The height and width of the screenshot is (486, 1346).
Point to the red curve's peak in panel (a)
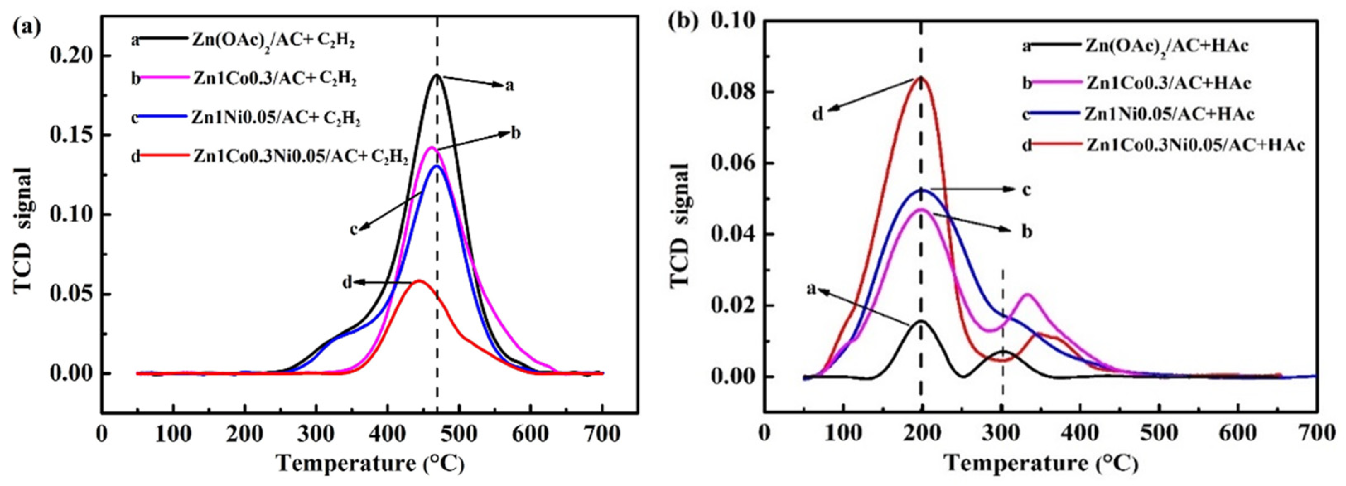tap(419, 281)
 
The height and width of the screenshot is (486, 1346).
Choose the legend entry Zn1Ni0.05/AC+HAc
tap(1169, 114)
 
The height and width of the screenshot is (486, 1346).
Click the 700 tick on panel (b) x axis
tap(1317, 434)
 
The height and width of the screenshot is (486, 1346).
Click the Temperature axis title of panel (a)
tap(370, 464)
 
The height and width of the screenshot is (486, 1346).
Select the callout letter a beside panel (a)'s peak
tap(509, 85)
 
